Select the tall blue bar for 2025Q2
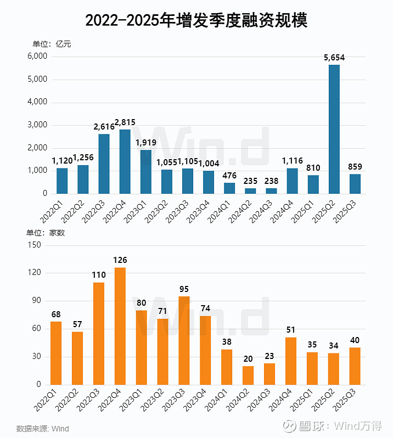334,129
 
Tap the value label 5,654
334,58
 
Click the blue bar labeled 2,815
125,161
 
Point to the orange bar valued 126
120,326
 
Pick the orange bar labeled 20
248,375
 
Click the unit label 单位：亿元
52,44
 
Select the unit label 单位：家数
48,233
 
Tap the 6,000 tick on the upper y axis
36,57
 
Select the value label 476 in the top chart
229,176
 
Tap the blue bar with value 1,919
146,172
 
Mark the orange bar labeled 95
184,340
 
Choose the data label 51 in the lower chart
291,330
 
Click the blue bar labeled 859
355,184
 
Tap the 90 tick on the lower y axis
36,301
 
